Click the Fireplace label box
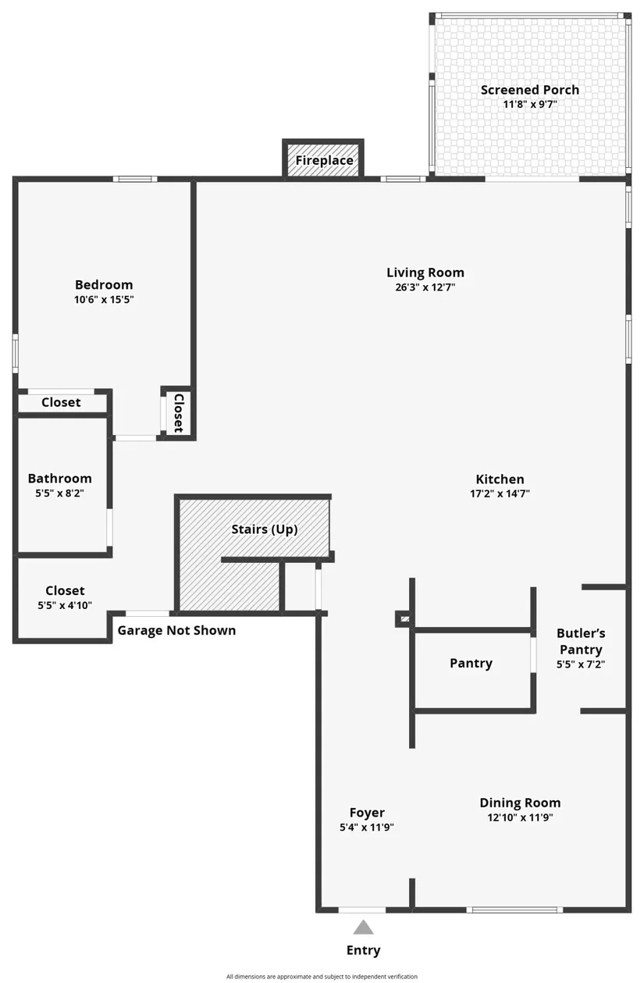click(x=323, y=161)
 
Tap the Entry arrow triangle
click(x=363, y=928)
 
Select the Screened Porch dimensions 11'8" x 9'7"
click(x=530, y=104)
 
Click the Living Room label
click(x=425, y=272)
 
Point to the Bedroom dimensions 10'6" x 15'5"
click(x=104, y=299)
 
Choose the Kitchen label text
click(x=500, y=479)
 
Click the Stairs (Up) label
click(x=265, y=529)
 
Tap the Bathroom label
click(x=59, y=479)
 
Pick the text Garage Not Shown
click(x=176, y=630)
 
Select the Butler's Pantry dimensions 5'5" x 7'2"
click(x=581, y=664)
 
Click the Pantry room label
click(x=471, y=663)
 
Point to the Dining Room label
click(x=520, y=803)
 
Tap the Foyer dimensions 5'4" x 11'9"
click(x=366, y=828)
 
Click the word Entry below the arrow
click(x=363, y=950)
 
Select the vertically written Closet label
click(x=178, y=413)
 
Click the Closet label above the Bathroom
click(x=61, y=403)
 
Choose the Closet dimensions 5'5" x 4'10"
click(x=65, y=605)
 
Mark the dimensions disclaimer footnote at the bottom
click(x=322, y=976)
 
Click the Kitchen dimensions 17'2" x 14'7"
click(x=500, y=493)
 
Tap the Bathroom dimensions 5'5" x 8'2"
click(x=59, y=493)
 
